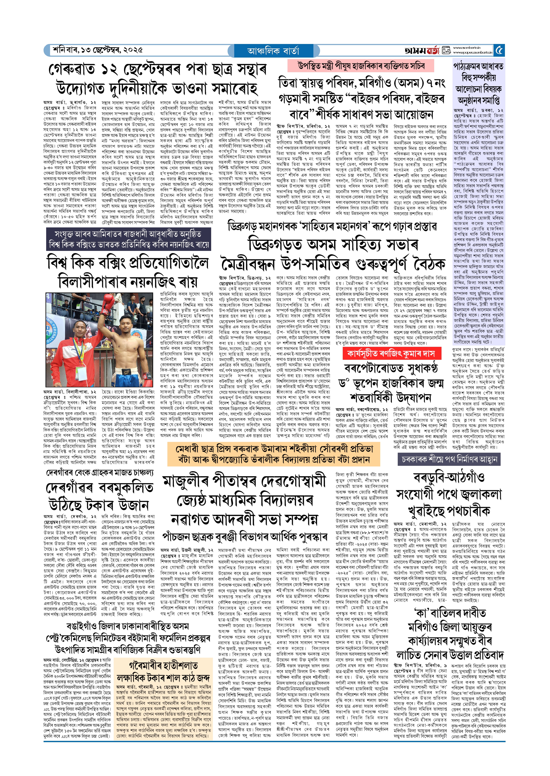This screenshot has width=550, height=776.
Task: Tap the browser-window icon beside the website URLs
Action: [446, 50]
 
